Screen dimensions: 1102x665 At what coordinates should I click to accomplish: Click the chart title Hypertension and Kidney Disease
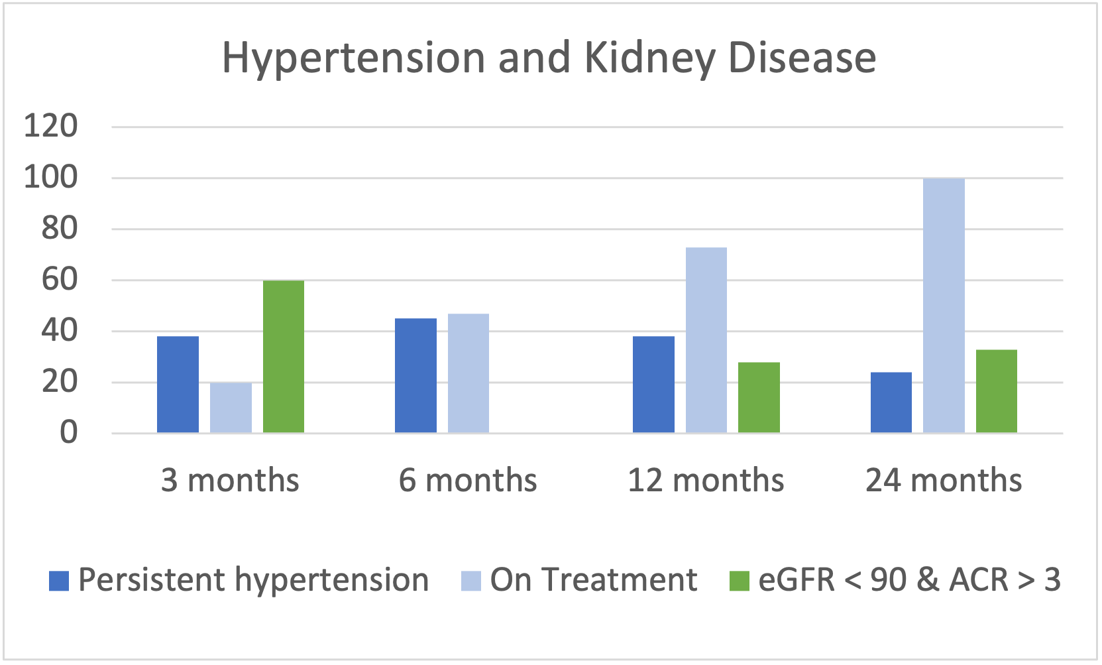(x=549, y=58)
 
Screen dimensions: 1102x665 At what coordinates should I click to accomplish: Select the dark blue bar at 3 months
(x=178, y=385)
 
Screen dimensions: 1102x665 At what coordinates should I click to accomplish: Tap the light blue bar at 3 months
(x=231, y=408)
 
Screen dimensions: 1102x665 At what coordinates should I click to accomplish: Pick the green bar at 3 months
(x=284, y=357)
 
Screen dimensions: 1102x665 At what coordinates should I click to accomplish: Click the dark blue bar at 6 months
(x=415, y=375)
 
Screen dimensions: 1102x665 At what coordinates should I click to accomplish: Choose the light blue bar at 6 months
(x=468, y=373)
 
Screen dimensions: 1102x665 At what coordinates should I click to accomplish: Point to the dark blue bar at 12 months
(x=653, y=385)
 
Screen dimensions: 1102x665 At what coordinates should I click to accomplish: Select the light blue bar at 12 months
(x=706, y=340)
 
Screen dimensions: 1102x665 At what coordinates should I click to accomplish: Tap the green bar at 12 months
(x=759, y=398)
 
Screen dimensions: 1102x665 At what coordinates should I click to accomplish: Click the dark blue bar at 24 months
(x=891, y=402)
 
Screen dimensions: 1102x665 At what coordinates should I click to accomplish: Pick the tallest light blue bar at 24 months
(x=944, y=306)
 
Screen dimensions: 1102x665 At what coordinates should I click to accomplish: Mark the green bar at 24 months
(x=997, y=391)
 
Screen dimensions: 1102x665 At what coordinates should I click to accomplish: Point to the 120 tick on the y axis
(x=50, y=126)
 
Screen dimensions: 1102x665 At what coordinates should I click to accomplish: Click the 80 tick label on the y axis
(x=60, y=229)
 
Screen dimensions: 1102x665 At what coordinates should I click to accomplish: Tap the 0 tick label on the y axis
(x=69, y=433)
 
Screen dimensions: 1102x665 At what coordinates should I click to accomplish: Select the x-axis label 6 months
(x=468, y=480)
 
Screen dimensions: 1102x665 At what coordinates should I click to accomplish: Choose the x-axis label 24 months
(x=944, y=480)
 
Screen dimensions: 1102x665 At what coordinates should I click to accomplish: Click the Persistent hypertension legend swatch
(x=59, y=581)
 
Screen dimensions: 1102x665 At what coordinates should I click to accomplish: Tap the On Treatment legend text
(x=594, y=580)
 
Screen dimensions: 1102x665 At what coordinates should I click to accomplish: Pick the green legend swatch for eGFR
(x=740, y=581)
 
